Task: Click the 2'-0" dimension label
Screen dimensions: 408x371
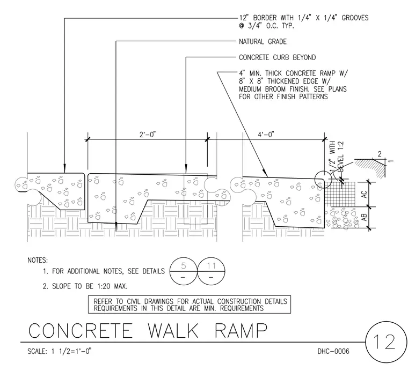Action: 148,135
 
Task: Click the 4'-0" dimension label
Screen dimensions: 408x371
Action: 266,135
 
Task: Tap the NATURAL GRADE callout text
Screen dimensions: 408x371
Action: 263,42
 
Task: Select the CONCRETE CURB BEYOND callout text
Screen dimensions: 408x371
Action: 278,57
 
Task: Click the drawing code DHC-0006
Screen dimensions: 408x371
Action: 333,351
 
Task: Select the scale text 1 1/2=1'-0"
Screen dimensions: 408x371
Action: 71,351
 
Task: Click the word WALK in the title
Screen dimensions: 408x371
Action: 173,330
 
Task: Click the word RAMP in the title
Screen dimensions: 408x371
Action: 241,330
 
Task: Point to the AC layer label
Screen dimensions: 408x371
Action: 365,194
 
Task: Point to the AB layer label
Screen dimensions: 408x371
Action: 365,217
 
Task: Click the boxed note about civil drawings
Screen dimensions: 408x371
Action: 190,305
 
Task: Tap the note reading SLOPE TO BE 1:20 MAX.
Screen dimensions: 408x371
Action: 85,286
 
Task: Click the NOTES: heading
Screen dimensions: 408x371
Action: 38,260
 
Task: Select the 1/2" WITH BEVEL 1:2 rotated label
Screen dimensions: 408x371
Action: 337,158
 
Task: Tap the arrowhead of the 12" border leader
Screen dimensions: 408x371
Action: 64,169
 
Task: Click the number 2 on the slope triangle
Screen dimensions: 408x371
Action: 380,154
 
